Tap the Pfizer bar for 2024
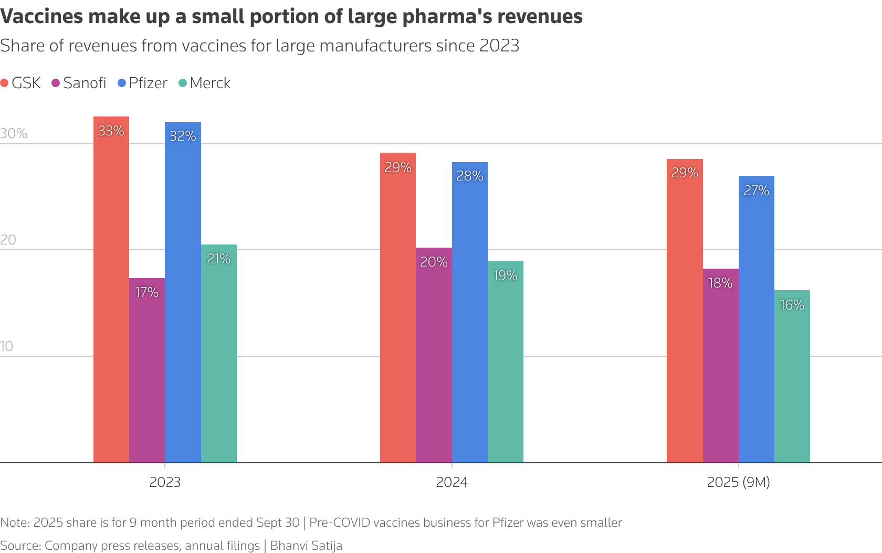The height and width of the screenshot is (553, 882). pos(470,315)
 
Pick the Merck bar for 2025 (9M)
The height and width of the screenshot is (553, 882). pos(792,378)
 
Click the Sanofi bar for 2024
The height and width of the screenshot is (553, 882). pos(434,357)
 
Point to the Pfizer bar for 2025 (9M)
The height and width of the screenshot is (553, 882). pos(757,320)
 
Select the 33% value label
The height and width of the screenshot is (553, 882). pos(111,131)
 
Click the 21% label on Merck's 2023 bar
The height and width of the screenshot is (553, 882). pos(219,259)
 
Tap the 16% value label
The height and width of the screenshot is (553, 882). pos(792,305)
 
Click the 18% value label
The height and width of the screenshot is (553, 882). pos(720,283)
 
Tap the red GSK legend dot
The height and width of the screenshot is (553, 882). pos(5,83)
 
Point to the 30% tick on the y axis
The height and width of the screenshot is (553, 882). pos(14,133)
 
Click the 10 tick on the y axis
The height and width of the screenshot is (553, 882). pos(7,346)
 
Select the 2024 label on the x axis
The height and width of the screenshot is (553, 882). pos(451,482)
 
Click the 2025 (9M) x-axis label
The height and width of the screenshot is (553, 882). pos(738,482)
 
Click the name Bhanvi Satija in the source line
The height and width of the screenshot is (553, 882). pos(306,546)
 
